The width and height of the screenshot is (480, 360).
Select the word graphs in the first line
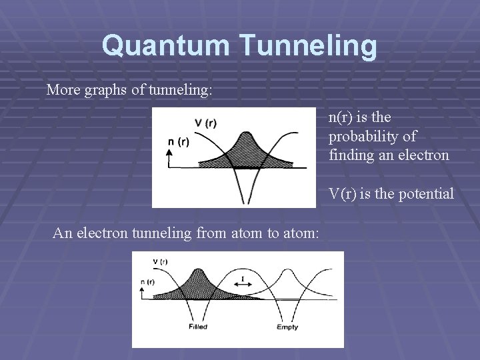(x=107, y=89)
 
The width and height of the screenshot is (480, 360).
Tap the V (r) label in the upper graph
(x=205, y=123)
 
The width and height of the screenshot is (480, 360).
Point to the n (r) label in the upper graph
(x=178, y=141)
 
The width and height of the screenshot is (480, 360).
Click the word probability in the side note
(x=372, y=137)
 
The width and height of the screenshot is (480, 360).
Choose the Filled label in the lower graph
(x=198, y=327)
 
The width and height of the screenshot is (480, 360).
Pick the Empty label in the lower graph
(x=287, y=327)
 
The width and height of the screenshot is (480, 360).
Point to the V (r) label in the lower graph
(x=160, y=261)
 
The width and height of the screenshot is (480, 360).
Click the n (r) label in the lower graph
(x=148, y=282)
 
